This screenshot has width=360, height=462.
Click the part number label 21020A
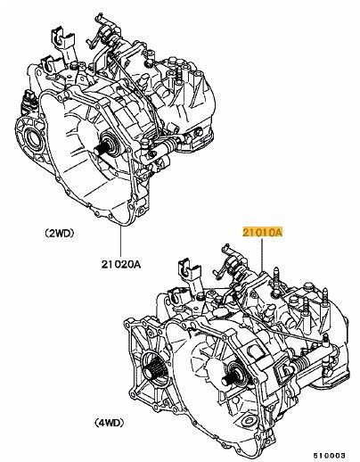[120, 264]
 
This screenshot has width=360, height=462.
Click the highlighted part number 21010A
[262, 232]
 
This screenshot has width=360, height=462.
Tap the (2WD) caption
[59, 234]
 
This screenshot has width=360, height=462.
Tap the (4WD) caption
[109, 423]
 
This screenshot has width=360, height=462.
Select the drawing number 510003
[330, 455]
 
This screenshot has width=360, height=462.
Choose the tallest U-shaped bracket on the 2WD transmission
[61, 37]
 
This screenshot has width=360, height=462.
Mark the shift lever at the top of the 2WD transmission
[103, 31]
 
